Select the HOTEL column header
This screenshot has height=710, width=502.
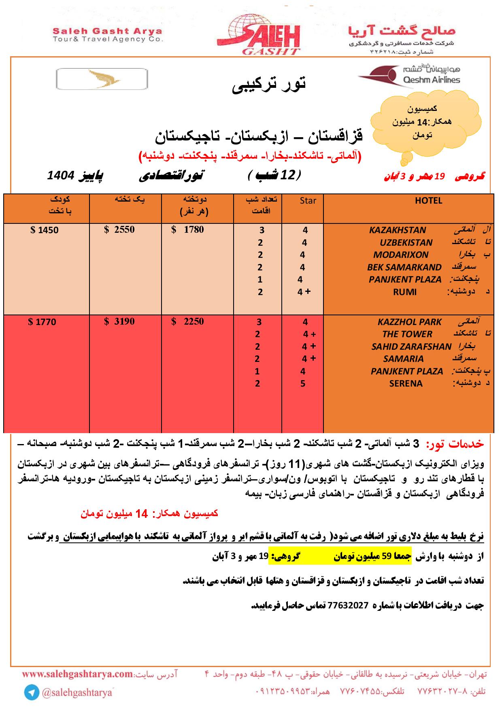[428, 201]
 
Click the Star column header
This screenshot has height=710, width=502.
[308, 201]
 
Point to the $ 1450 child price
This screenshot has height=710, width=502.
[45, 230]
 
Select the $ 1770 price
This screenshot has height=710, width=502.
[43, 322]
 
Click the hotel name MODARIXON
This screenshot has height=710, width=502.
[400, 255]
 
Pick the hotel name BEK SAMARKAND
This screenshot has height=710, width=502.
[404, 267]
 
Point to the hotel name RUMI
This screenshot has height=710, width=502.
[405, 292]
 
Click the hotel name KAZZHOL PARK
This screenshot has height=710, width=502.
[409, 322]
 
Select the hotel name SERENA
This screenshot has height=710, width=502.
[406, 383]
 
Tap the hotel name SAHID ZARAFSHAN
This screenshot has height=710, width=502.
[411, 347]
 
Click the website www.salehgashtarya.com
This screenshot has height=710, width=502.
[77, 674]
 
